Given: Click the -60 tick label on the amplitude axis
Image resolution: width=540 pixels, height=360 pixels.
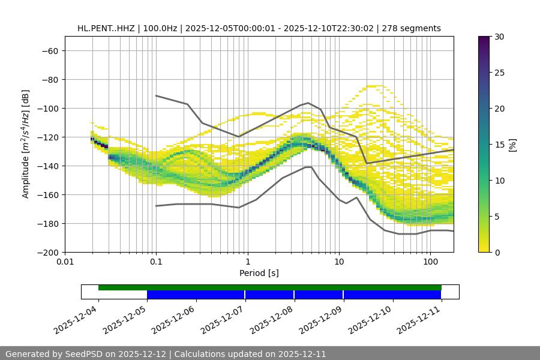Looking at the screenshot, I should (50, 50).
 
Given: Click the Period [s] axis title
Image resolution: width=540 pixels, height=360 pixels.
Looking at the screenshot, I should (259, 273).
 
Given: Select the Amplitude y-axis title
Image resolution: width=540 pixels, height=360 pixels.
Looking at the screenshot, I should (26, 144).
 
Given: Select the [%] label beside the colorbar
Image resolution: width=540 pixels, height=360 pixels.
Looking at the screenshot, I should (513, 145).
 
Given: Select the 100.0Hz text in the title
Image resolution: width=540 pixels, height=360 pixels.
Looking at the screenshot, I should (161, 28).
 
